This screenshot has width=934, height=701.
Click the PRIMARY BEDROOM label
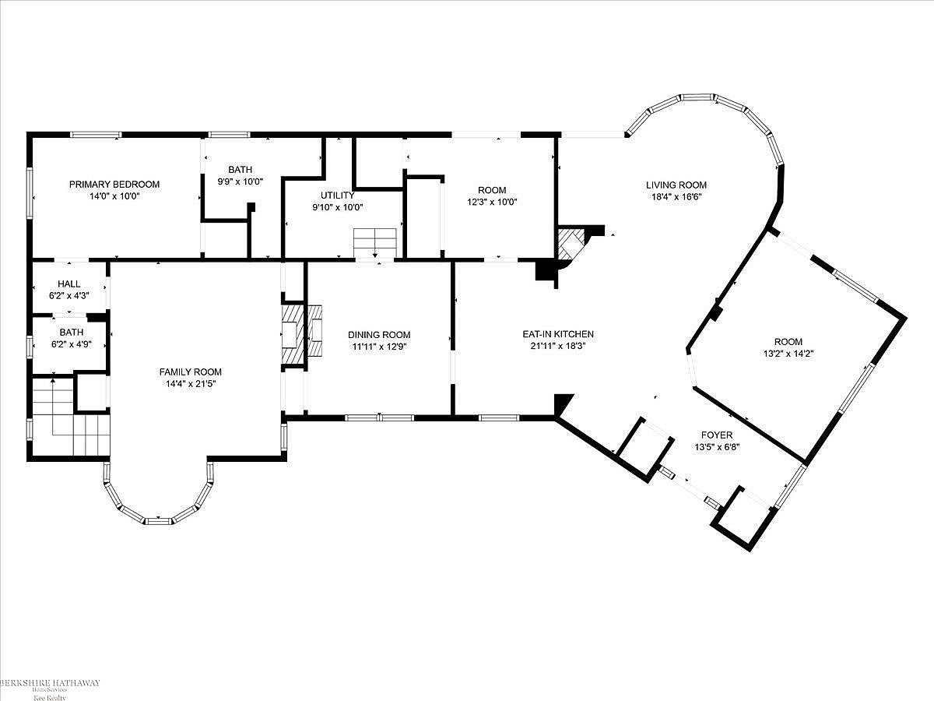tap(114, 185)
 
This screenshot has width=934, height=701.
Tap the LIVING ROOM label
tap(676, 185)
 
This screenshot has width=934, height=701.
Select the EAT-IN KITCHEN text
tap(558, 334)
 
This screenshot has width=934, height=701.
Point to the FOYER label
tap(717, 435)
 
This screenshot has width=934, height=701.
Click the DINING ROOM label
tap(379, 335)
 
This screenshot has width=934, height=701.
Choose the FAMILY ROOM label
tap(190, 372)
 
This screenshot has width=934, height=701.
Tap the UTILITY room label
tap(338, 196)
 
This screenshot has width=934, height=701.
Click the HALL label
tap(69, 284)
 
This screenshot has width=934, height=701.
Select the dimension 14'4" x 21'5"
tap(191, 384)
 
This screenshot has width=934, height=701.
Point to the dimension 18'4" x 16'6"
tap(676, 197)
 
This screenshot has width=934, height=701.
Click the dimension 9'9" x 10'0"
tap(241, 181)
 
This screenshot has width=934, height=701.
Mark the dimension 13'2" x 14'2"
tap(788, 354)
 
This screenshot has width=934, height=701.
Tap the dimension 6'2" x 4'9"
tap(72, 344)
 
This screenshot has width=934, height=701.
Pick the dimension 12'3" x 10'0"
tap(492, 203)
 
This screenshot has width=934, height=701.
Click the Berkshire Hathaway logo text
tap(51, 683)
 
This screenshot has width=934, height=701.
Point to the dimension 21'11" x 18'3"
tap(558, 346)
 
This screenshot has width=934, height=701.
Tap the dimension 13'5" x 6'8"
tap(718, 447)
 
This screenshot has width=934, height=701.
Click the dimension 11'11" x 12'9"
tap(380, 347)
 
